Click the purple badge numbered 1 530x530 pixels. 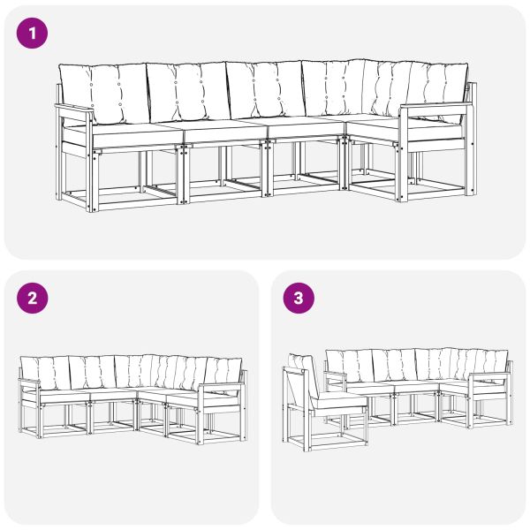[x=34, y=34]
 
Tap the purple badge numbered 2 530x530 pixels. [x=34, y=299]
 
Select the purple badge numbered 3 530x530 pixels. [x=299, y=299]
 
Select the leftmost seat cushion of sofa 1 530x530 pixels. [x=132, y=132]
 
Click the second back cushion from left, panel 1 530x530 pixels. [x=185, y=93]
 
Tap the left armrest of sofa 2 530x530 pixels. [x=27, y=382]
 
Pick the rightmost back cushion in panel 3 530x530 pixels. [x=488, y=362]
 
